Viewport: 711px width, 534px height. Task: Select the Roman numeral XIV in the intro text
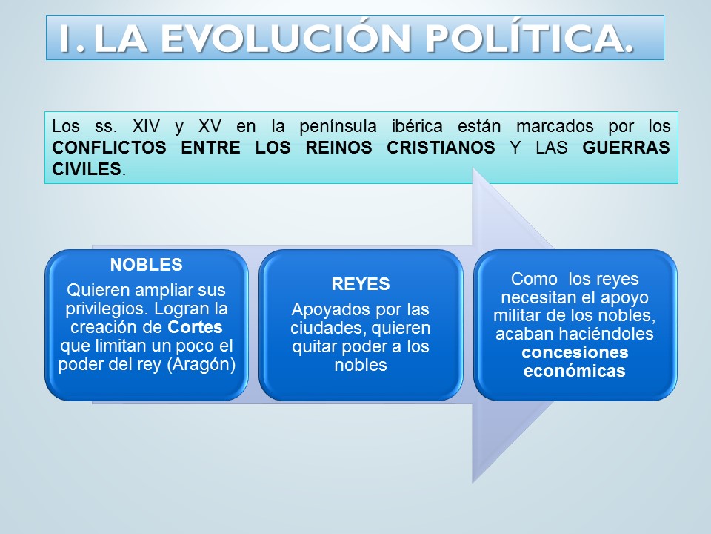click(x=146, y=126)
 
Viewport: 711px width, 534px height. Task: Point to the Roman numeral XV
click(x=210, y=126)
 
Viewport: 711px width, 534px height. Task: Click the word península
click(x=338, y=127)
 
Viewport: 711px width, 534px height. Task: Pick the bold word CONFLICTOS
click(x=110, y=148)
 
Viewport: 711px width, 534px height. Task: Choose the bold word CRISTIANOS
click(x=441, y=148)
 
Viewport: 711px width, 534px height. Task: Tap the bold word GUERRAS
click(x=627, y=148)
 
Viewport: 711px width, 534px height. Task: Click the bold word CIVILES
click(x=87, y=169)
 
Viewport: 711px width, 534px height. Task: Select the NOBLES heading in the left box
click(x=147, y=265)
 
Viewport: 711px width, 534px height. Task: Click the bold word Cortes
click(x=195, y=327)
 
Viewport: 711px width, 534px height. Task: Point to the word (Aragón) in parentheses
click(x=201, y=365)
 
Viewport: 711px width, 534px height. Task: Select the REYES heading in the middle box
click(x=361, y=284)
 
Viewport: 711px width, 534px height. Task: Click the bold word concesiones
click(x=575, y=352)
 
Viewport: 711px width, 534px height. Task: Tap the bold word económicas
click(x=575, y=371)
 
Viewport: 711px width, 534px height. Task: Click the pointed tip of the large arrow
click(x=554, y=325)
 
